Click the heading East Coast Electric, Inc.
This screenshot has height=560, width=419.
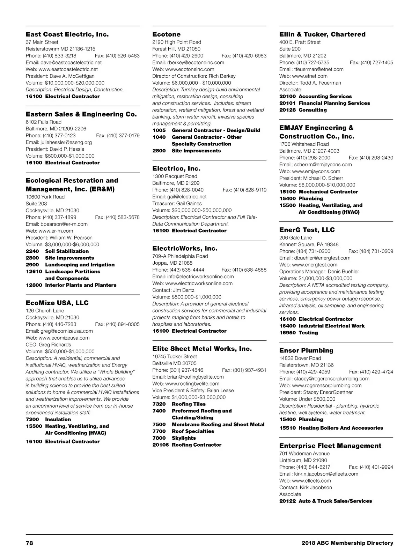click(67, 34)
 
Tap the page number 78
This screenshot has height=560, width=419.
click(29, 543)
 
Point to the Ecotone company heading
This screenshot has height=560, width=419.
click(167, 34)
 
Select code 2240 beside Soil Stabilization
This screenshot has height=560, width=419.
click(32, 251)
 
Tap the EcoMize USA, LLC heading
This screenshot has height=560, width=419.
click(57, 303)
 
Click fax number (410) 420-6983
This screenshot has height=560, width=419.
click(249, 56)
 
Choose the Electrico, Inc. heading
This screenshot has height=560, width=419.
click(176, 168)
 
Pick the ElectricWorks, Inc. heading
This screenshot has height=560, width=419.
click(185, 248)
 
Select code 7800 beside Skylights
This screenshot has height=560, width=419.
click(159, 438)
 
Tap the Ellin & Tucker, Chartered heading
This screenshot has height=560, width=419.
click(322, 34)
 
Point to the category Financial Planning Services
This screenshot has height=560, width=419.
click(334, 103)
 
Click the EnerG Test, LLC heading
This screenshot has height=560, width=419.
click(307, 230)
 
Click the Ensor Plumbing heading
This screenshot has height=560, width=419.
click(306, 350)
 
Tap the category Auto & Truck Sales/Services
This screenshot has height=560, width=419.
click(335, 501)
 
